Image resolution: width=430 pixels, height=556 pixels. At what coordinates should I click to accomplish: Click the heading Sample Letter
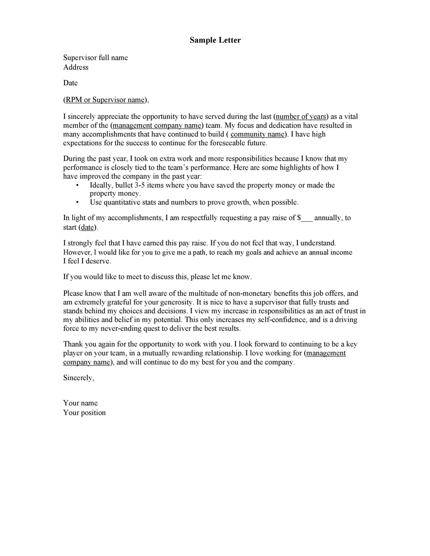tap(215, 40)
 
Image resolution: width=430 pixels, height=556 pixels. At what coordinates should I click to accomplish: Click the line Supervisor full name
tap(95, 58)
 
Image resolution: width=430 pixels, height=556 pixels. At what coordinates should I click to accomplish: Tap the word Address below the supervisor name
tap(76, 67)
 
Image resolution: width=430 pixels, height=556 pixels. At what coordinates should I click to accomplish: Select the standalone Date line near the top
tap(70, 83)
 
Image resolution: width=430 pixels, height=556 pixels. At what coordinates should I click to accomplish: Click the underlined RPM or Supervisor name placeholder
tap(105, 100)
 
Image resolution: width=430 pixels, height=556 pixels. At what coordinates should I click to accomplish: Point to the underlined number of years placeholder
tap(301, 117)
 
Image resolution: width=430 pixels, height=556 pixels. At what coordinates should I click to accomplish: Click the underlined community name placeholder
tap(257, 134)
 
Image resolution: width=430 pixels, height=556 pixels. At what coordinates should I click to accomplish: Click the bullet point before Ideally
tap(77, 185)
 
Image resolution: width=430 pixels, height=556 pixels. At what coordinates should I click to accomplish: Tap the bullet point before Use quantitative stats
tap(77, 202)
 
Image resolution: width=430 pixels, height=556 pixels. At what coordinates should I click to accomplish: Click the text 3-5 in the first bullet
tap(140, 185)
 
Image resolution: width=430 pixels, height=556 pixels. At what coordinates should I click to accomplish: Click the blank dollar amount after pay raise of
tap(307, 218)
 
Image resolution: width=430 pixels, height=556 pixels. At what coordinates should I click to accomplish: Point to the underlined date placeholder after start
tap(87, 227)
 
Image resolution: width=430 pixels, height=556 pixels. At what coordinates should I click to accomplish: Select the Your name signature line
tap(80, 403)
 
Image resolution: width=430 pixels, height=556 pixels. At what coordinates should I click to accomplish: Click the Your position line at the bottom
tap(84, 413)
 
